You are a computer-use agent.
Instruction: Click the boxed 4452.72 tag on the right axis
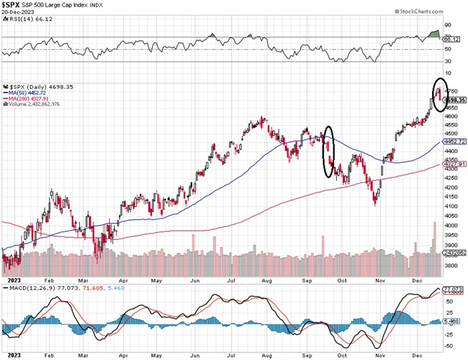(453, 141)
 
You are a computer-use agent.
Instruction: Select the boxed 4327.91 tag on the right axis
(453, 164)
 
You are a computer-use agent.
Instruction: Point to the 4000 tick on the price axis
(451, 225)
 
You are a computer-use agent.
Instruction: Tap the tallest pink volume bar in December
(434, 239)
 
